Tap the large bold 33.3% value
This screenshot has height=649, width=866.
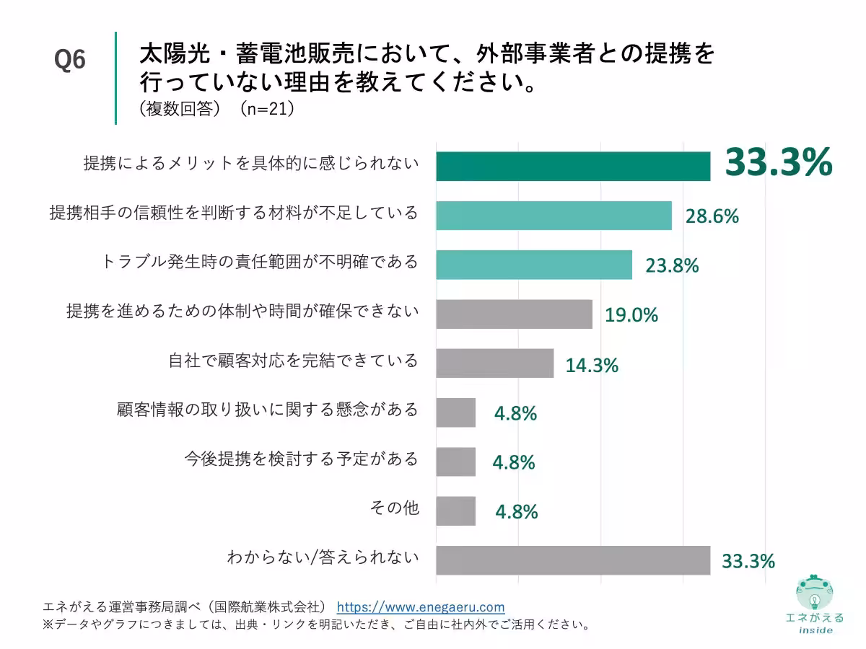778,162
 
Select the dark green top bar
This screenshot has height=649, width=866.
573,167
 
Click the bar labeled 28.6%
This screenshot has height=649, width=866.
554,216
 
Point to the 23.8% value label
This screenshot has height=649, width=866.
672,265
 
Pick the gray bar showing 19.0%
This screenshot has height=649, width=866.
514,314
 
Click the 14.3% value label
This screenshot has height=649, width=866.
592,365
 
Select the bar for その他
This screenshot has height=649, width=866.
456,511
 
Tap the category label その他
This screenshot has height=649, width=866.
393,508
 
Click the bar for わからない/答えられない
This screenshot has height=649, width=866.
573,560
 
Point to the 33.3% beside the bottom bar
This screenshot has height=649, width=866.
748,560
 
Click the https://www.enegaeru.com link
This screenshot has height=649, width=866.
421,607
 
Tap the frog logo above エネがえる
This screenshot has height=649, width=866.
814,593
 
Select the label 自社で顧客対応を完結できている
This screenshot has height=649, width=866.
293,361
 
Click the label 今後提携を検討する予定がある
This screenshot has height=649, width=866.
301,459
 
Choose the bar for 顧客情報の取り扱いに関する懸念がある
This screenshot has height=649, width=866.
456,412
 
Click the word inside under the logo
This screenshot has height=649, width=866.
815,630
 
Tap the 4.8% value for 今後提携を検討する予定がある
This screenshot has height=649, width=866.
514,462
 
